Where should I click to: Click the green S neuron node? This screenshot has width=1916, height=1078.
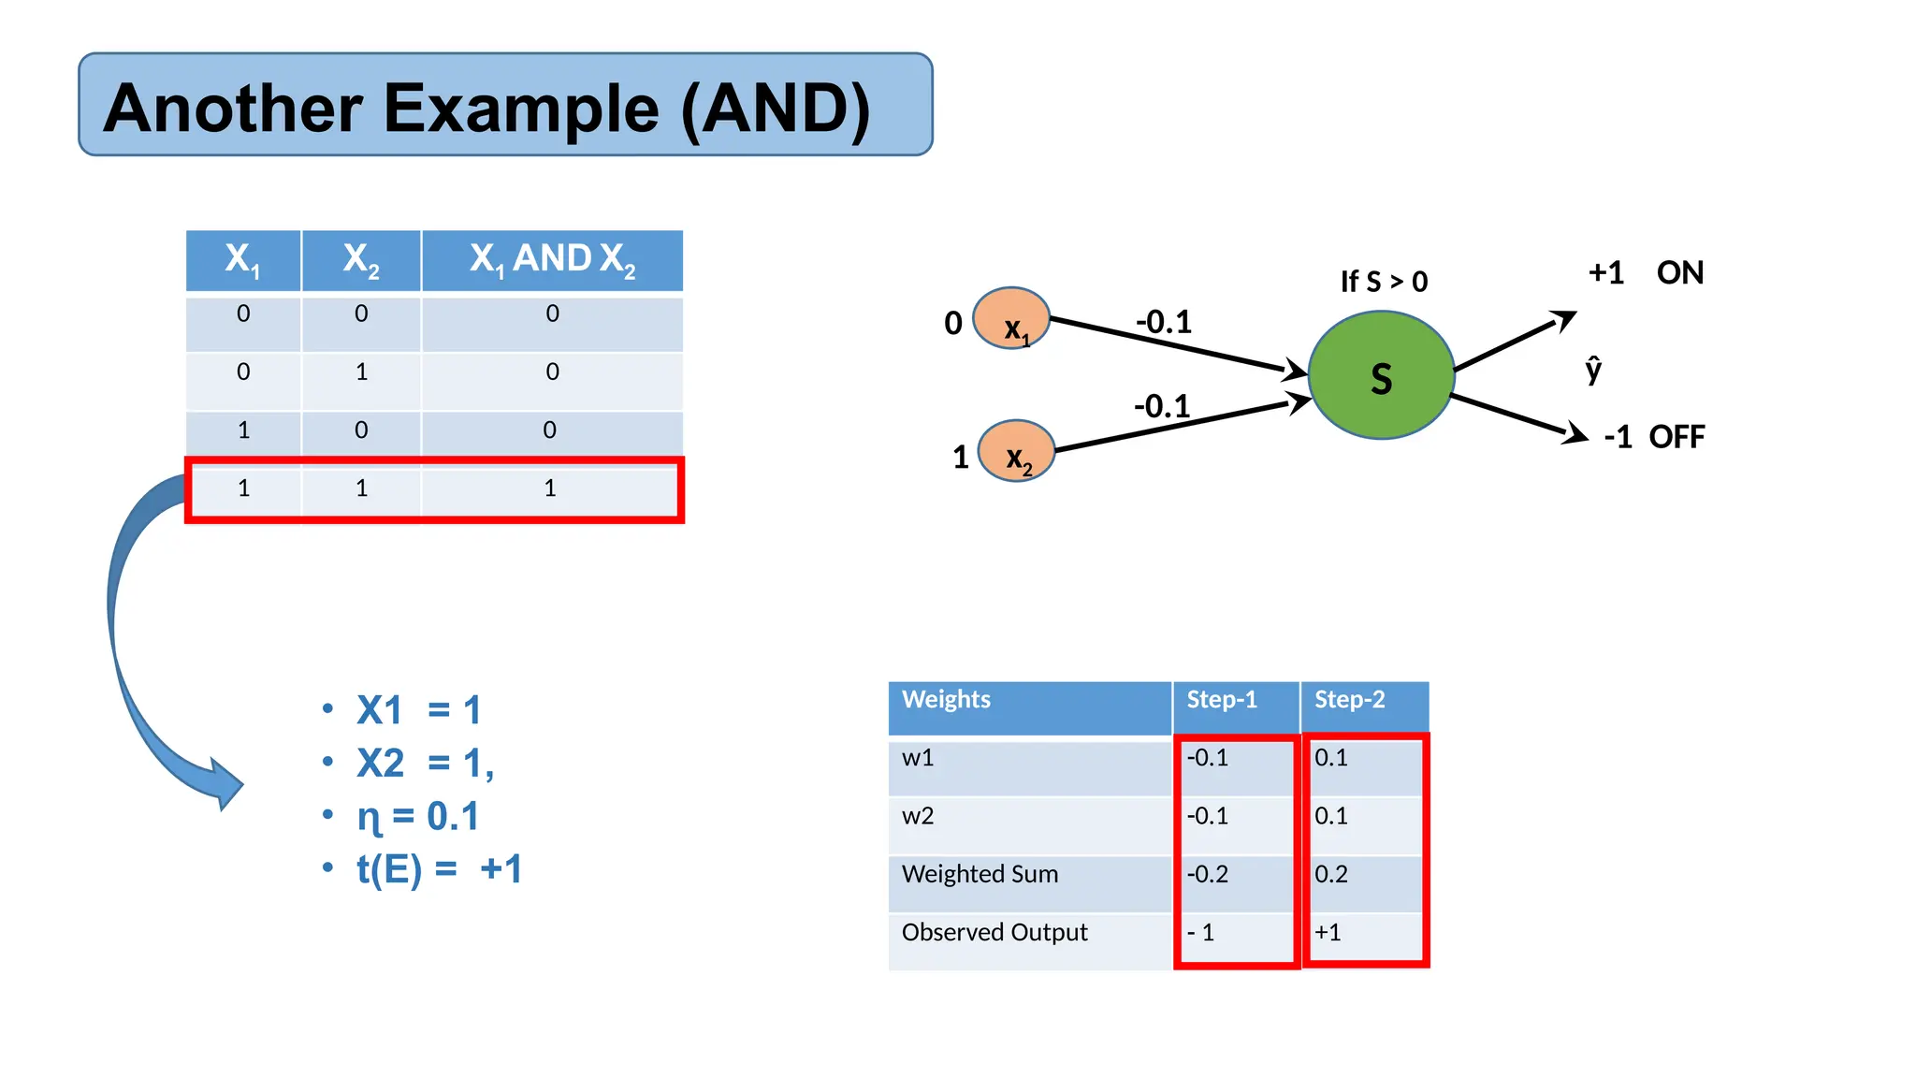tap(1381, 375)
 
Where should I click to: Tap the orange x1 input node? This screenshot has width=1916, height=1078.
tap(1011, 319)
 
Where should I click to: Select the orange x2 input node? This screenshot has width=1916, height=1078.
tap(1016, 451)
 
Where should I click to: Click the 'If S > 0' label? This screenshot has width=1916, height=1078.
tap(1384, 282)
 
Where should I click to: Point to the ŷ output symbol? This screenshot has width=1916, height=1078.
tap(1593, 370)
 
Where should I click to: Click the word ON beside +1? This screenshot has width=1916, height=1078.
tap(1679, 273)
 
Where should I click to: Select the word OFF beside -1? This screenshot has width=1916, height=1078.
tap(1676, 437)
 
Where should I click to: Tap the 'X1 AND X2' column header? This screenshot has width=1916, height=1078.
tap(552, 259)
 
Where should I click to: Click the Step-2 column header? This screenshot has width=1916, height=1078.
tap(1349, 700)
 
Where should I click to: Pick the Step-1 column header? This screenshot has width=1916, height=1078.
tap(1222, 700)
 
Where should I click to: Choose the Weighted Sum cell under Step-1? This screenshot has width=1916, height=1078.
tap(1208, 874)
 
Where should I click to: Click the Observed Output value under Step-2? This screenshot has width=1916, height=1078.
tap(1328, 932)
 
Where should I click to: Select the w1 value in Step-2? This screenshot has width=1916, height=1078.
tap(1330, 757)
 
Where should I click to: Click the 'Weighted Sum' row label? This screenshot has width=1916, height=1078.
tap(980, 874)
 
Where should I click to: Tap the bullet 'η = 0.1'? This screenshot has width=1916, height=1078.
tap(418, 817)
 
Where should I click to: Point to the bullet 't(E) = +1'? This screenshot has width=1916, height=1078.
tap(439, 869)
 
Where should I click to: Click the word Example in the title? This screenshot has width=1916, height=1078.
tap(521, 109)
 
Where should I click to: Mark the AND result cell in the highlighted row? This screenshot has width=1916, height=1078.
tap(550, 488)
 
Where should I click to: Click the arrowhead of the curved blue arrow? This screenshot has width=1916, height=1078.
tap(227, 784)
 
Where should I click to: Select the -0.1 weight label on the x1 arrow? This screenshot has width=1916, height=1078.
tap(1164, 322)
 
